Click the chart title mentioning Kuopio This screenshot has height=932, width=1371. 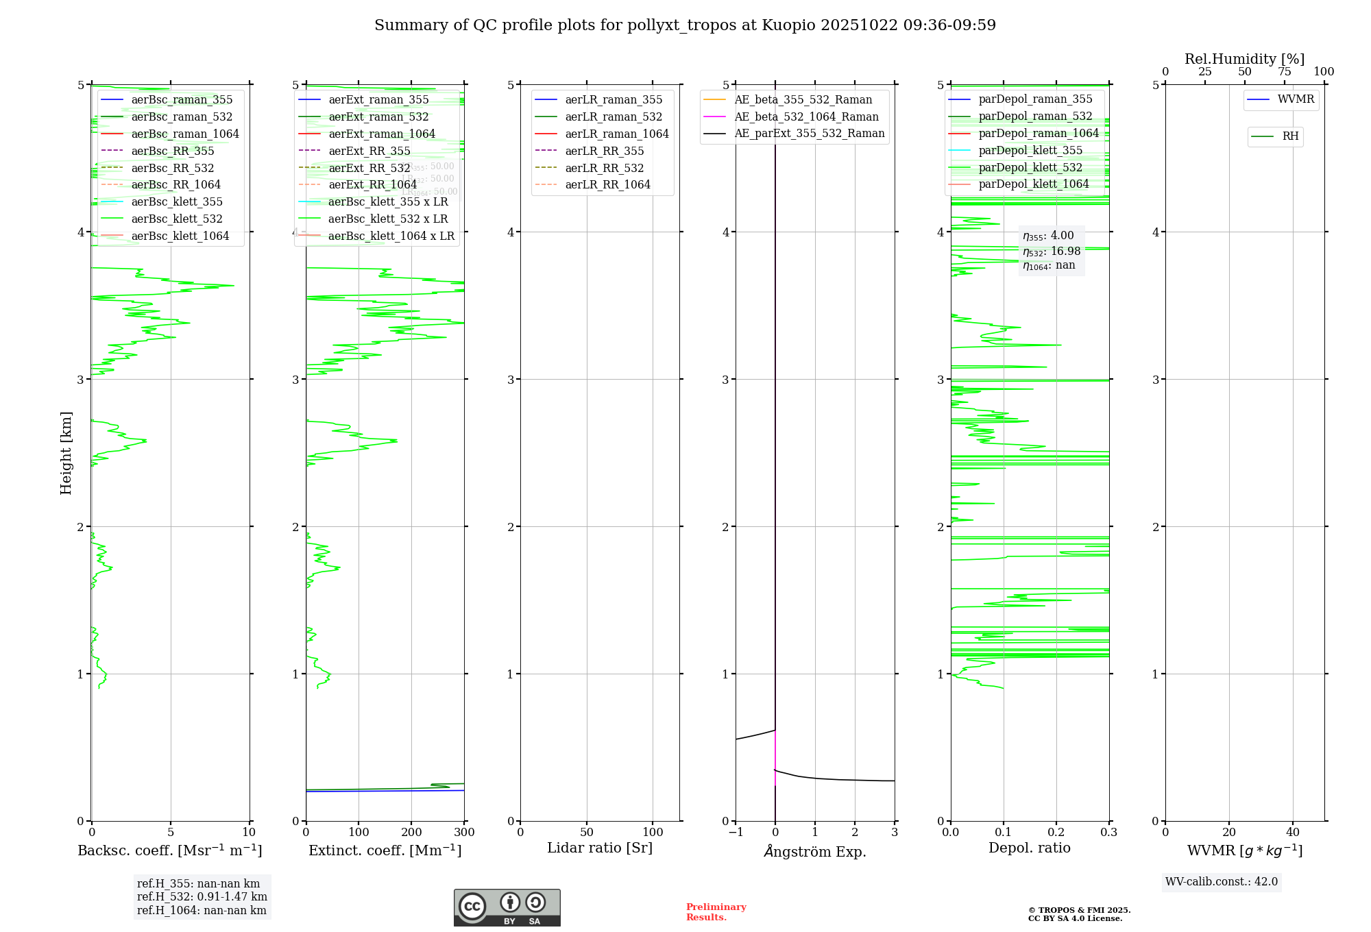685,25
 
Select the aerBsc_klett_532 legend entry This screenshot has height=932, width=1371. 176,219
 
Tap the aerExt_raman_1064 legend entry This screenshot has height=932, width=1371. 381,134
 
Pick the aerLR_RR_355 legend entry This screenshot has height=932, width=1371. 604,151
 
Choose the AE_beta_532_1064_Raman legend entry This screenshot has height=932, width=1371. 806,116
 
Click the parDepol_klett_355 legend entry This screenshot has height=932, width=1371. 1030,150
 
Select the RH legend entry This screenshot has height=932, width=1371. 1290,136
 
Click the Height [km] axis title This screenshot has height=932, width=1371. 66,452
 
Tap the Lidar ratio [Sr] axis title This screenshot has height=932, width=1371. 600,848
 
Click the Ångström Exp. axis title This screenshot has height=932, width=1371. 815,851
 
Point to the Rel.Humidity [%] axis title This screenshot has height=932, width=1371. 1244,59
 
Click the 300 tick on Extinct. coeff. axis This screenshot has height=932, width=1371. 464,833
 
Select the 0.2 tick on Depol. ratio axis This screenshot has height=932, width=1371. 1056,833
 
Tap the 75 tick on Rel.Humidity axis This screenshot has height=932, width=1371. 1284,72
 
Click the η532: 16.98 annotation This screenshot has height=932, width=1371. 1052,252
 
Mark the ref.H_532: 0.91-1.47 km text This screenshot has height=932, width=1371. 202,896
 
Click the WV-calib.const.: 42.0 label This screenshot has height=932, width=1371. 1221,881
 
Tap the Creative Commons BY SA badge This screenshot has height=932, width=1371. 507,907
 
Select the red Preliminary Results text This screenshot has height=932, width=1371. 716,911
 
